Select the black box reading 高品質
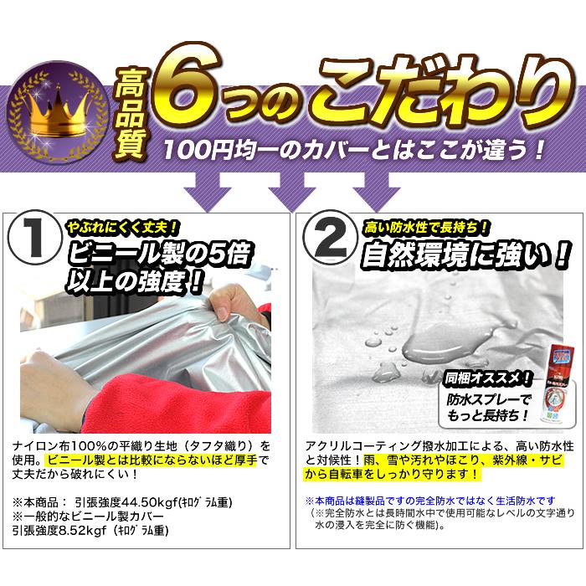coord(134,105)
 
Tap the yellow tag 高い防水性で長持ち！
coord(427,225)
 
